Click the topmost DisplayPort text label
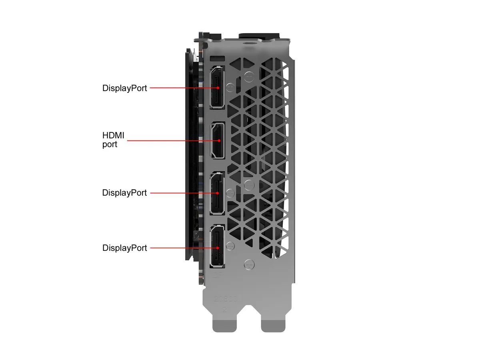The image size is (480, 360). tap(124, 88)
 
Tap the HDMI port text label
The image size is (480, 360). tap(113, 140)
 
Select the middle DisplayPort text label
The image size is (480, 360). tap(124, 192)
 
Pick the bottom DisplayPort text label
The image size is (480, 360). tap(124, 248)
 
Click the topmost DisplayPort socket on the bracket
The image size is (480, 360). tap(217, 87)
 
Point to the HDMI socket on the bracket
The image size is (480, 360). tap(218, 140)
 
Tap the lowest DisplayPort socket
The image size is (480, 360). tap(217, 246)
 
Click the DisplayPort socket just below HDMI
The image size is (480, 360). tap(217, 193)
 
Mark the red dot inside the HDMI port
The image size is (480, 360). tap(219, 140)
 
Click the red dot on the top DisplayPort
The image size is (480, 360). tap(218, 88)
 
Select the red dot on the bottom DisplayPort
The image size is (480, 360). tap(218, 248)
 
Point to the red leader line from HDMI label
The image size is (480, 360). tap(173, 140)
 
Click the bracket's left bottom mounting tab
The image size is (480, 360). tap(224, 326)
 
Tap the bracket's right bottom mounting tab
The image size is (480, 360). tap(273, 326)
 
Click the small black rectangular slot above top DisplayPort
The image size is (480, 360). tap(217, 58)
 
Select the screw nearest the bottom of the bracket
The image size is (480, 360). tap(249, 265)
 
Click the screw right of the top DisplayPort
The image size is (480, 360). tap(230, 88)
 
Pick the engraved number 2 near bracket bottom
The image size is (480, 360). tap(224, 310)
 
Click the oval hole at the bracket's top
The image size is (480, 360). tap(249, 43)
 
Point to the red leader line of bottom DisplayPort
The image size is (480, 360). tap(184, 248)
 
